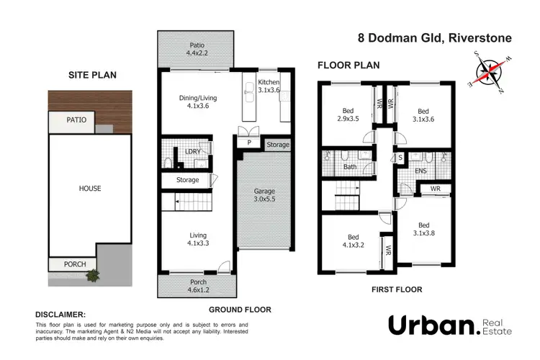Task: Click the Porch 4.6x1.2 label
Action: pyautogui.click(x=197, y=286)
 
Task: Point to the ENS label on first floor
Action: pyautogui.click(x=422, y=171)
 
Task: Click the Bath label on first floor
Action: pyautogui.click(x=350, y=167)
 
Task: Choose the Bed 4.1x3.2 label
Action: pyautogui.click(x=354, y=240)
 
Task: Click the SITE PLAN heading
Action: pyautogui.click(x=91, y=74)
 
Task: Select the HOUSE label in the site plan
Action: pyautogui.click(x=90, y=189)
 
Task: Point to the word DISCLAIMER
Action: pyautogui.click(x=60, y=315)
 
